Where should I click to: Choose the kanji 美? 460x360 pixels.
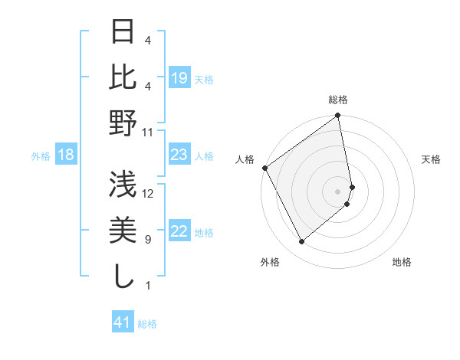(x=123, y=231)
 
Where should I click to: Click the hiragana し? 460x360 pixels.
(x=123, y=276)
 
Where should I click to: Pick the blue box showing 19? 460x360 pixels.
(x=179, y=78)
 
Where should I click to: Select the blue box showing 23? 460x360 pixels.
(x=179, y=155)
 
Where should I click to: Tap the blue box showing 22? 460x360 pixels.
(x=179, y=232)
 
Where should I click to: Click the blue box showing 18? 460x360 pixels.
(x=66, y=155)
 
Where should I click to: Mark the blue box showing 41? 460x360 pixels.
(x=123, y=323)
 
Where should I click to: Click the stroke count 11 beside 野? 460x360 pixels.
(x=148, y=132)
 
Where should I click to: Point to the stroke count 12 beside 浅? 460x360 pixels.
(x=148, y=194)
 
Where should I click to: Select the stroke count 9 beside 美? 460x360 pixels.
(x=148, y=240)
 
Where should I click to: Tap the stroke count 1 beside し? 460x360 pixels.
(x=148, y=286)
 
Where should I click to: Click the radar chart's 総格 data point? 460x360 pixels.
(x=337, y=116)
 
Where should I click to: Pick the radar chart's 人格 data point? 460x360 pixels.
(x=264, y=168)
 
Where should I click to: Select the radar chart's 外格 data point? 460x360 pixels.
(x=302, y=242)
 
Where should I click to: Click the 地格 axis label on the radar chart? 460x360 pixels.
(x=402, y=262)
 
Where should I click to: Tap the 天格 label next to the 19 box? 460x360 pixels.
(x=204, y=79)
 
